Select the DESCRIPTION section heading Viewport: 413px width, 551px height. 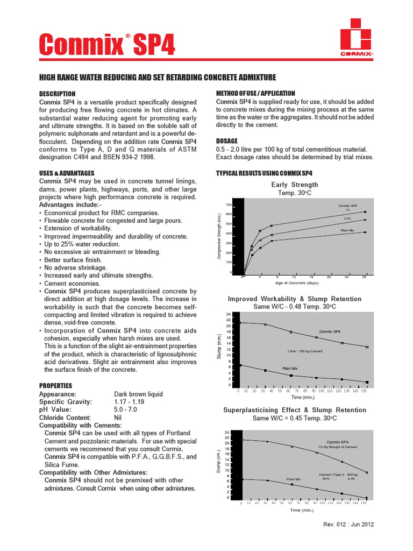pos(61,93)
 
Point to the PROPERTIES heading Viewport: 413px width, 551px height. pos(55,386)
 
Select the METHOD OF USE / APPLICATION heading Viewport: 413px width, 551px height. pos(255,93)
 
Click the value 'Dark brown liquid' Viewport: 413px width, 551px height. pos(138,394)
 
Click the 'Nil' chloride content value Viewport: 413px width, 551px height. pos(118,418)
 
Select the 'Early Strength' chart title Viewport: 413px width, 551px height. pos(294,185)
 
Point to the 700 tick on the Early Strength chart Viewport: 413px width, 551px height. pos(229,205)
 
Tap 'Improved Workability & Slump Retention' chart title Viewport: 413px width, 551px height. pos(295,299)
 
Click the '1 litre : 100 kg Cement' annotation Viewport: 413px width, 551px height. pos(305,351)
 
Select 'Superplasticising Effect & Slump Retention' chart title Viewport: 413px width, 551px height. pos(295,410)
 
